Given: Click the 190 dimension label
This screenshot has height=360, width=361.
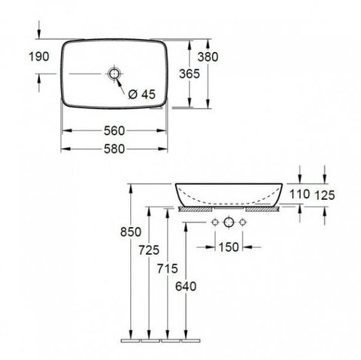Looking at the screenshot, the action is click(x=39, y=56).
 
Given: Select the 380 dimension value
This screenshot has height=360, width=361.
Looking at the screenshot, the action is click(x=208, y=57).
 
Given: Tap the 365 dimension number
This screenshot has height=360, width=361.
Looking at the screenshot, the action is click(x=190, y=74).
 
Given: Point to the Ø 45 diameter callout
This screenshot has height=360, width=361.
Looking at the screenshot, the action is click(x=142, y=94).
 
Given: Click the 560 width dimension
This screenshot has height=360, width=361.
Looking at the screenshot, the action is click(x=114, y=131).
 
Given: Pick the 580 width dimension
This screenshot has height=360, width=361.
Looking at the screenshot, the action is click(x=114, y=149).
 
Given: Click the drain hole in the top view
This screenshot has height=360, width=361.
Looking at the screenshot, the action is click(x=114, y=74).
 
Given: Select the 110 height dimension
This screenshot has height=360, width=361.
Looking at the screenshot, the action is click(x=299, y=194).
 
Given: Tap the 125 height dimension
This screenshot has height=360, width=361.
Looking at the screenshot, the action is click(x=325, y=195).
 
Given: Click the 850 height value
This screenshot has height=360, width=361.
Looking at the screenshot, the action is click(x=131, y=231).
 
